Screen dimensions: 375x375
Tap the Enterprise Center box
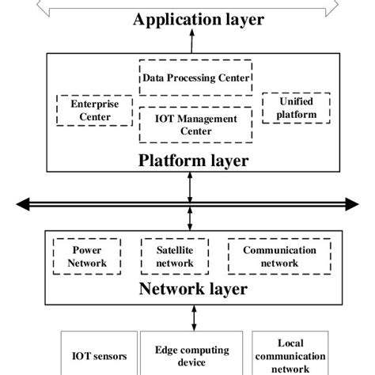[85, 110]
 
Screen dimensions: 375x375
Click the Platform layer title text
[193, 161]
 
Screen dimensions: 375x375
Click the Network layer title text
[193, 289]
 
